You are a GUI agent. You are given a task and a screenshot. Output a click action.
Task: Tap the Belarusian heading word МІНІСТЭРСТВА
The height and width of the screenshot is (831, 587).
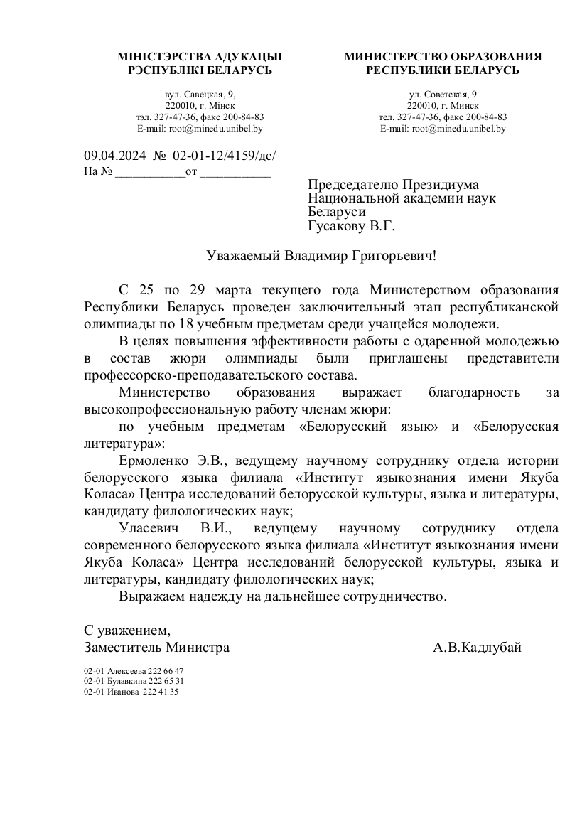point(160,56)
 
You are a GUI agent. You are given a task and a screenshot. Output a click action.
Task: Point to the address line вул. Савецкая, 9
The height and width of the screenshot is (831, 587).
point(200,94)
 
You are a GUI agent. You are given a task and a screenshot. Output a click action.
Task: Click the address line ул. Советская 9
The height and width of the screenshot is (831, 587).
point(443,94)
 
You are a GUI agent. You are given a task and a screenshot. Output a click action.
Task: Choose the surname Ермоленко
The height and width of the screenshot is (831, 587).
point(154,461)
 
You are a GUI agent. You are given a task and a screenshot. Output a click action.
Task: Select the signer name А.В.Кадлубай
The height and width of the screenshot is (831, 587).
point(477,648)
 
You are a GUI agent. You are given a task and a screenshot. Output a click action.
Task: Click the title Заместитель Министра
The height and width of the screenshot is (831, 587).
point(156,648)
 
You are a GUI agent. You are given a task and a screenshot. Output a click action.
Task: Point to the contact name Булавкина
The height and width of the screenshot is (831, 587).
point(126,680)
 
